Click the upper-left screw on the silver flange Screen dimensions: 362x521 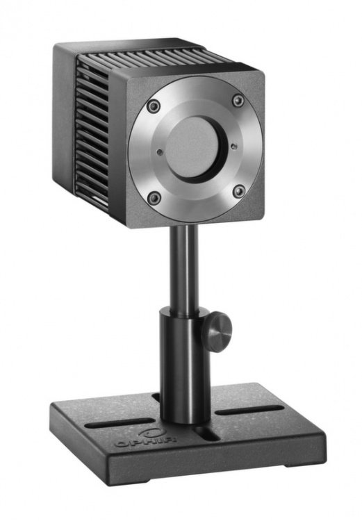coord(154,106)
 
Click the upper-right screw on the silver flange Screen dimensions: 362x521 coord(238,100)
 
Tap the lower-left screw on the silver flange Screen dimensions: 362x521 coord(154,198)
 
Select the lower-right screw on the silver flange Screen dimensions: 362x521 coord(239,192)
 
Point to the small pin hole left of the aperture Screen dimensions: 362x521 coord(160,152)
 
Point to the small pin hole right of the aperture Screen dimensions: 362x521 coord(233,146)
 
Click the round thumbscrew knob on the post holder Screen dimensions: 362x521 coord(217,331)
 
